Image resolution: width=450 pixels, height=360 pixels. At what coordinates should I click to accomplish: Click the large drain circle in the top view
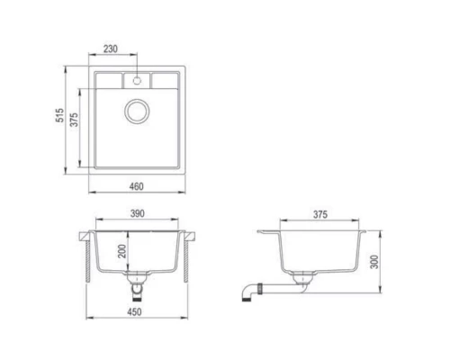(x=138, y=112)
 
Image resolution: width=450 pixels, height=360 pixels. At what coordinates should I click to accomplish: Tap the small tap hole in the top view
(x=138, y=79)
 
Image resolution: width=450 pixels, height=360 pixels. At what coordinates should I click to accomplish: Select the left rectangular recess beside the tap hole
(x=110, y=81)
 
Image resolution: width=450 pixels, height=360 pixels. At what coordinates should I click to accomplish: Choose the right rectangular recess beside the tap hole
(x=166, y=81)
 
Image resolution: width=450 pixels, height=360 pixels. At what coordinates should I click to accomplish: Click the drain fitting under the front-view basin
(x=137, y=286)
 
